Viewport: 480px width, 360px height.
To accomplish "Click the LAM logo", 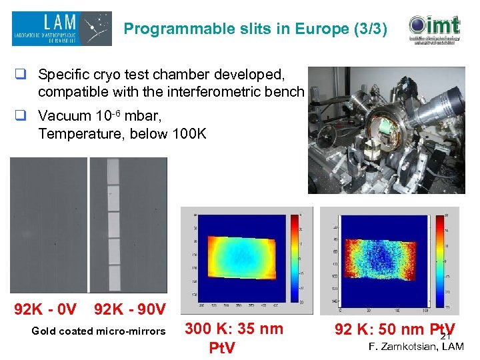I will point(61,29).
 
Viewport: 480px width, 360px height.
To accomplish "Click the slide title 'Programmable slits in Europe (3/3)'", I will point(255,29).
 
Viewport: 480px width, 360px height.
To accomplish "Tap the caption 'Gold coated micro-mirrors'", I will point(99,331).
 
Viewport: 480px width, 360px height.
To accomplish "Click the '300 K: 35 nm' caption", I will point(233,328).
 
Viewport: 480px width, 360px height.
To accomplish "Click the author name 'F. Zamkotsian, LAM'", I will point(416,345).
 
